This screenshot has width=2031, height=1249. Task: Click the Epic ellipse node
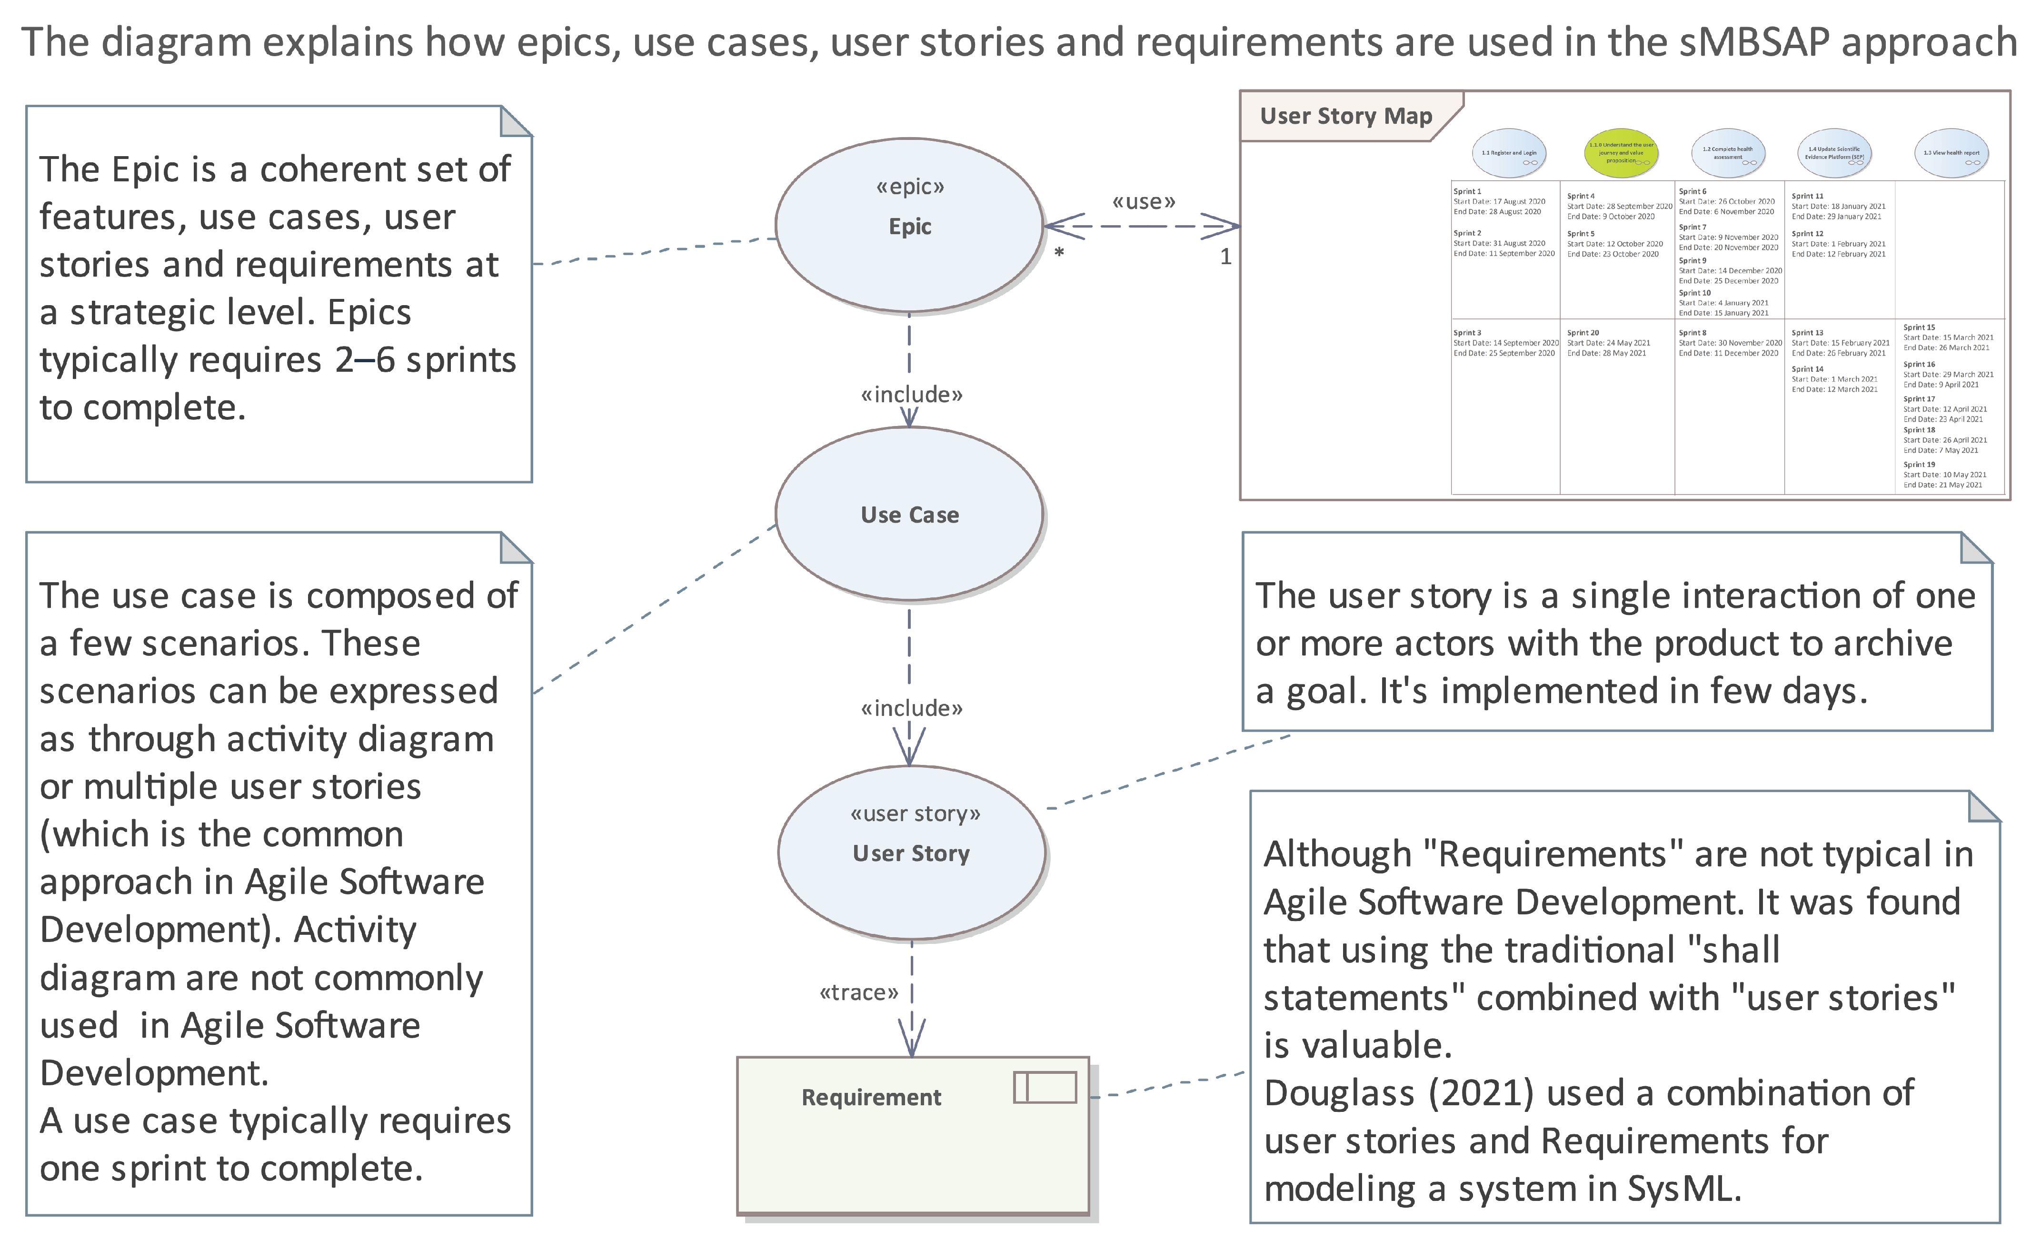909,225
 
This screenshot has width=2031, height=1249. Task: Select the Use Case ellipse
909,514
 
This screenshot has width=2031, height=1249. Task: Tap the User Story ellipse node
911,852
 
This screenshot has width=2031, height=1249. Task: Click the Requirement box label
871,1097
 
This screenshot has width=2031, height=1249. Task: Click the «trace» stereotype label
858,992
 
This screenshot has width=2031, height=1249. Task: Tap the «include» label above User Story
911,708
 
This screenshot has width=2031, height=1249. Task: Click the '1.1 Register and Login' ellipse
1509,153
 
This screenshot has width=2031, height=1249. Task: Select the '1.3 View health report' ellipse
1951,153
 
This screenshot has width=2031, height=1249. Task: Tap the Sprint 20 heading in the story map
1583,333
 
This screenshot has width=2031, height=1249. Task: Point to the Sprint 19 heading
1919,464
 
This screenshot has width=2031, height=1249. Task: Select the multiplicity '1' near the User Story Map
1225,257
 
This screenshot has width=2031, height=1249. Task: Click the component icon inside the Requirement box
1045,1087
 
